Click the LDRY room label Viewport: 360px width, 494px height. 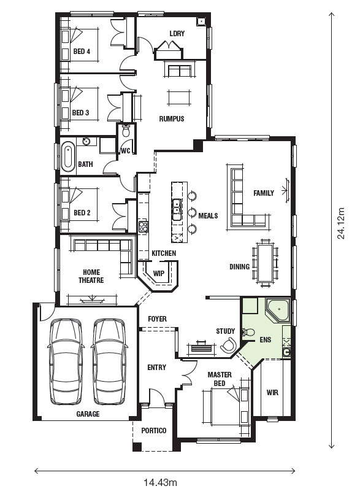(177, 33)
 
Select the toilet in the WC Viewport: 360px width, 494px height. (126, 131)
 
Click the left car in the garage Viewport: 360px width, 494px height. (66, 361)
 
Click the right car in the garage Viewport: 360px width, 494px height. (110, 361)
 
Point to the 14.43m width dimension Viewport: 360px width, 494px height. (160, 482)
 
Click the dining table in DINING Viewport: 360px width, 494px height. (266, 263)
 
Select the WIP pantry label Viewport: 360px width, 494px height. (158, 273)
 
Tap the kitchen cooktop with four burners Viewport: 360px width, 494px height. (144, 227)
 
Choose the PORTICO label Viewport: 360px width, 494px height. (154, 430)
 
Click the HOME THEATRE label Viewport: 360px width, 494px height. (91, 276)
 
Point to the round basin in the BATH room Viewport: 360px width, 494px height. (86, 141)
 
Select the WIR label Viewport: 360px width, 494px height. (272, 393)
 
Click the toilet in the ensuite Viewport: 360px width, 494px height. (248, 332)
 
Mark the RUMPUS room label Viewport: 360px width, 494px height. (171, 119)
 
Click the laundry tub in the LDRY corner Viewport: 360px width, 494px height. (201, 21)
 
